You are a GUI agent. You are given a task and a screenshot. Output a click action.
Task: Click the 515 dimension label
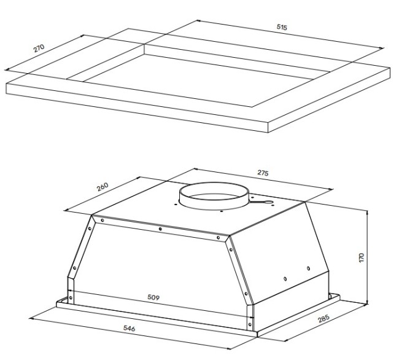click(x=282, y=27)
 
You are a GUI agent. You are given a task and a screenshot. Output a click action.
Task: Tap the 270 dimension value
click(x=39, y=48)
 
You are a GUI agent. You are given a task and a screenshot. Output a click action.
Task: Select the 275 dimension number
click(x=263, y=173)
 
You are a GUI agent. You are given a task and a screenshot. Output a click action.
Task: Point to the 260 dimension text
click(x=103, y=187)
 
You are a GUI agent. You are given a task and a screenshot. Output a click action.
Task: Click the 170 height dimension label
click(x=362, y=257)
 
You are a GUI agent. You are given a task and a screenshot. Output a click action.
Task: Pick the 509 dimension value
click(x=153, y=297)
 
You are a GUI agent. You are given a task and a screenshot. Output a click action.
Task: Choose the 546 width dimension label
click(x=130, y=328)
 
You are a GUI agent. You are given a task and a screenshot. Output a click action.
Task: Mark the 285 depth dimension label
click(x=323, y=318)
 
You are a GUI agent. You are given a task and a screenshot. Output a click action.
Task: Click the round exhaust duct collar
click(x=214, y=204)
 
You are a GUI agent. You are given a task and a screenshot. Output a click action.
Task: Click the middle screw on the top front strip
click(x=160, y=229)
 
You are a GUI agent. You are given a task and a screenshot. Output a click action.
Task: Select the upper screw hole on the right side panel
click(x=308, y=268)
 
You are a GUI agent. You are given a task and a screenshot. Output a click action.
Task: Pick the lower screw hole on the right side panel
click(x=285, y=279)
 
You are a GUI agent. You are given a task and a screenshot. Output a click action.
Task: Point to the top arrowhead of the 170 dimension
click(x=367, y=212)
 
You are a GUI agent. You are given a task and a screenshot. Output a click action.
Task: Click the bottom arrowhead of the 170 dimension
click(x=367, y=302)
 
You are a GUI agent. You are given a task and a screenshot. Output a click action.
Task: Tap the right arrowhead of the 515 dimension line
click(x=382, y=47)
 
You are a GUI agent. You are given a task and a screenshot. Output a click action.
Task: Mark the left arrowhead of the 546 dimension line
click(x=31, y=318)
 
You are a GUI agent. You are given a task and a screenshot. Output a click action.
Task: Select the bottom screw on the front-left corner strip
click(x=71, y=297)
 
